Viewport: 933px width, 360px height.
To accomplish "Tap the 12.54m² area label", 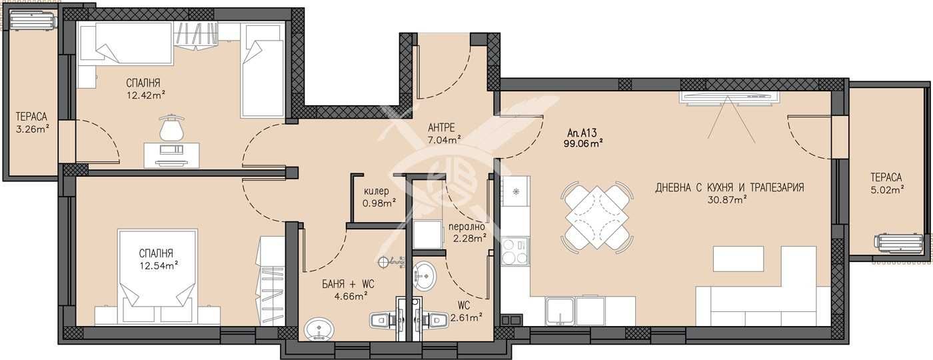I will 159,265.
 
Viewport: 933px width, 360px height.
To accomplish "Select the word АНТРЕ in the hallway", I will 442,127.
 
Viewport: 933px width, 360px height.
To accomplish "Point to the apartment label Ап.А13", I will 578,131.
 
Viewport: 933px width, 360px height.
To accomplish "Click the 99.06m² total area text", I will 584,142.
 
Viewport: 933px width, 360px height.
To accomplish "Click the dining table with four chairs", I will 597,215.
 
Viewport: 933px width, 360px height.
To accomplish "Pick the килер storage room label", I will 377,191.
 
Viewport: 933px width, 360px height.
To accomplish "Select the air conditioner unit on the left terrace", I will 33,20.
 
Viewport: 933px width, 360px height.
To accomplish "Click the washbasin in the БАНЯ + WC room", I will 317,329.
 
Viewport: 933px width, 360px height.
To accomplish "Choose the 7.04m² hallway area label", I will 445,140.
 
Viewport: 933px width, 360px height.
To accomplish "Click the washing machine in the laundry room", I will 427,234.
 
